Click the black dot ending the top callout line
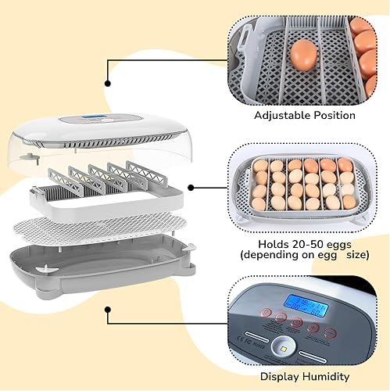pos(108,82)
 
